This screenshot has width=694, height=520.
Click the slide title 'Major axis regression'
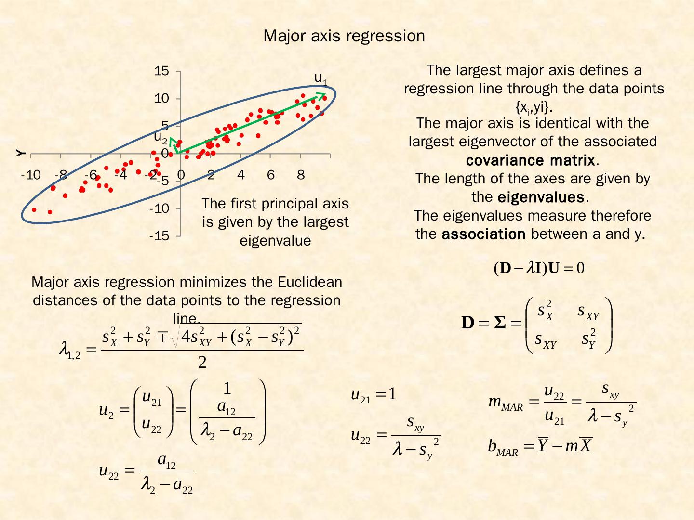[344, 36]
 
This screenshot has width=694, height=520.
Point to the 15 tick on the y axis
[162, 71]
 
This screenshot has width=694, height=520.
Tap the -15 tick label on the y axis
[160, 236]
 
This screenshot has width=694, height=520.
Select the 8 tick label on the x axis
[301, 175]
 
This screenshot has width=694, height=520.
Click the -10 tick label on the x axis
[31, 175]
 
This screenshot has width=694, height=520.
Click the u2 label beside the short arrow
[160, 137]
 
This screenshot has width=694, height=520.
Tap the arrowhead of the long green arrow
[321, 95]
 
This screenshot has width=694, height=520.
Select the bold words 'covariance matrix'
[530, 160]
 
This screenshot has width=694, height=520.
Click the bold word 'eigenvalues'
[540, 197]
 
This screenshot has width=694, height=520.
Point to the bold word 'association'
[483, 234]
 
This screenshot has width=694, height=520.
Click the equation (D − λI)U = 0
[539, 268]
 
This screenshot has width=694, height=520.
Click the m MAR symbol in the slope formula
[505, 403]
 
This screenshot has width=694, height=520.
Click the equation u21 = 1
[374, 395]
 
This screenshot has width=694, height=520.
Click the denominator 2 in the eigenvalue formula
[202, 363]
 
